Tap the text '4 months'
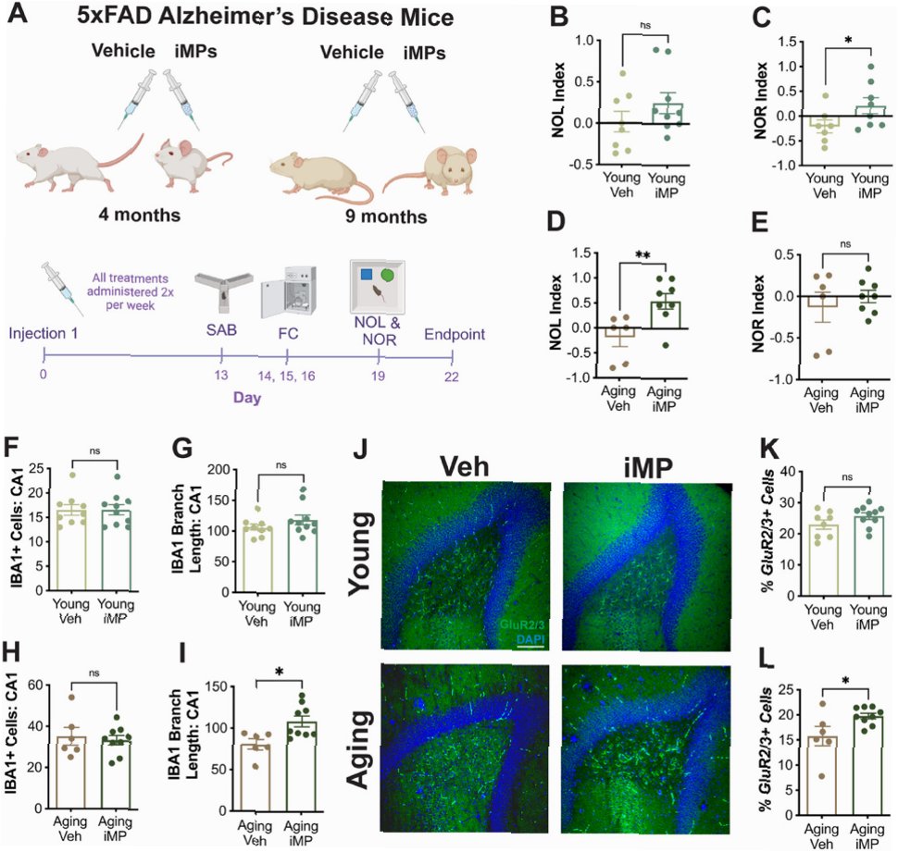click(x=139, y=216)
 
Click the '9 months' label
click(x=386, y=216)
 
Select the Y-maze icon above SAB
click(x=222, y=289)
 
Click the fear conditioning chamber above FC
click(x=288, y=291)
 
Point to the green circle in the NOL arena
click(x=388, y=276)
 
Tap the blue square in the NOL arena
click(x=367, y=275)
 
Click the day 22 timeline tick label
click(x=451, y=377)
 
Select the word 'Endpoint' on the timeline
click(x=455, y=334)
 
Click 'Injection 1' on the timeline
click(x=43, y=334)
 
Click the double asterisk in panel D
click(x=642, y=254)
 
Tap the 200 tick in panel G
click(x=218, y=470)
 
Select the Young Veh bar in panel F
click(x=71, y=549)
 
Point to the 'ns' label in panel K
click(x=847, y=477)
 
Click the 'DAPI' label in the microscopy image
click(x=530, y=638)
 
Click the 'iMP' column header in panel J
click(x=648, y=468)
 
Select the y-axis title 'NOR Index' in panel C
click(x=761, y=101)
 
